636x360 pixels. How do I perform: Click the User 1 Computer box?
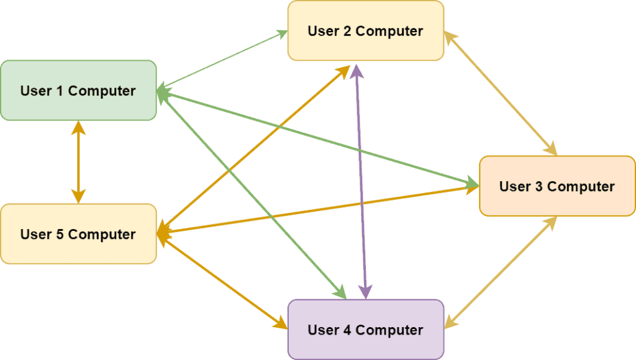point(78,90)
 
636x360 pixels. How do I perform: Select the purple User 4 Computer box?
point(366,329)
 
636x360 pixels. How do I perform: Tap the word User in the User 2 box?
point(324,31)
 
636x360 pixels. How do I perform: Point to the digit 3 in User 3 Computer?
point(537,186)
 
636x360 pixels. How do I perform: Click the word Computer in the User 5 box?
point(102,234)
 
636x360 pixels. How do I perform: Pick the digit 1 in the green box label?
point(59,91)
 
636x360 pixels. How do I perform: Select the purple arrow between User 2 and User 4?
point(360,186)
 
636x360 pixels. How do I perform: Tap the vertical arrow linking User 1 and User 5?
point(78,161)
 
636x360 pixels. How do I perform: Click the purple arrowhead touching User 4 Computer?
point(366,291)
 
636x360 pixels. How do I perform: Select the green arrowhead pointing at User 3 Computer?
point(473,182)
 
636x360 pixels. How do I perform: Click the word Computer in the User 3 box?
point(581,186)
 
